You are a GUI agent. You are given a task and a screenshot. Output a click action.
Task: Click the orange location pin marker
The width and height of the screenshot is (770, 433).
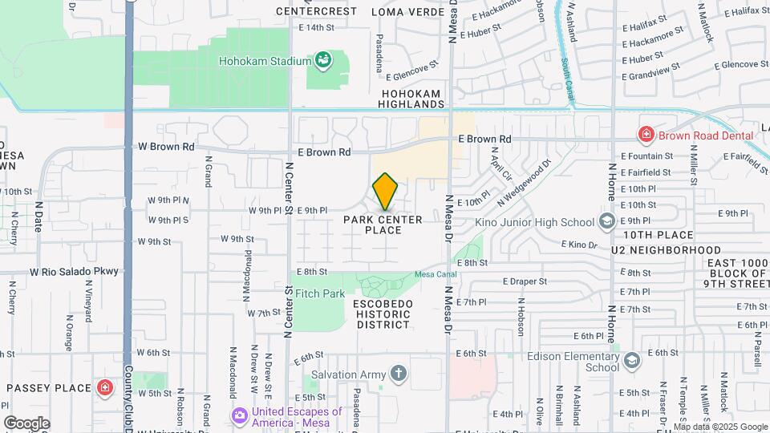386,192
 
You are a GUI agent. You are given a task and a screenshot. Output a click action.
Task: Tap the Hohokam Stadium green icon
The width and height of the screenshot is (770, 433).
322,60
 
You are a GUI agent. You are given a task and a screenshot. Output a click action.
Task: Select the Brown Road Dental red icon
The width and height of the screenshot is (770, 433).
646,135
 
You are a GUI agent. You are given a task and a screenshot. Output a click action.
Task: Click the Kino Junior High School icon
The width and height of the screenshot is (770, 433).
607,221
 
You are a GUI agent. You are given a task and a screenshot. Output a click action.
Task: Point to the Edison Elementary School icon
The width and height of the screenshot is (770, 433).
631,360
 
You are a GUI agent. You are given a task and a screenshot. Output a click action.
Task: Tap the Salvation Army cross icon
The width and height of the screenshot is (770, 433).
399,374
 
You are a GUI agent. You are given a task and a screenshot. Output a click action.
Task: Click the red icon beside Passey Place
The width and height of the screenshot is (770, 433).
104,388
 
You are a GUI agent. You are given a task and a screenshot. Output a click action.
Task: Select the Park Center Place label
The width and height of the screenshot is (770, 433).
383,225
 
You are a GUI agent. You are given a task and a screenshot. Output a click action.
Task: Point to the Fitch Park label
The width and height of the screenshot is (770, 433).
320,294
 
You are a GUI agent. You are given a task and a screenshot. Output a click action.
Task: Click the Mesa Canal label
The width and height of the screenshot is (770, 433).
434,275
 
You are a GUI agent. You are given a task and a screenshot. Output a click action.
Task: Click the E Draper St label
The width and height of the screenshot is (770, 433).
525,281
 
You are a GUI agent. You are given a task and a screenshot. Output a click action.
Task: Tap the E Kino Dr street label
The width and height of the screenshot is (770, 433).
580,244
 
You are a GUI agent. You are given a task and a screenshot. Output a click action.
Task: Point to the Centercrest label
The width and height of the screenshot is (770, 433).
315,12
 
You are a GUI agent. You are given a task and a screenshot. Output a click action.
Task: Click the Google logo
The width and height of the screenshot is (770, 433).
26,423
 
